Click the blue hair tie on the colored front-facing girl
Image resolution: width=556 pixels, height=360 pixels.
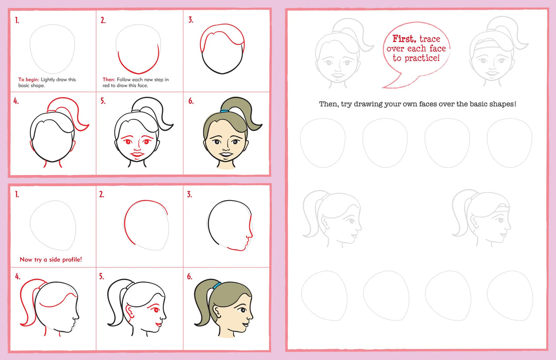(225, 111)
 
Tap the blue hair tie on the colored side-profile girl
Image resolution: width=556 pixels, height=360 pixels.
(217, 284)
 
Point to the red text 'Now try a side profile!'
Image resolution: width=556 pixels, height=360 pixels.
(50, 260)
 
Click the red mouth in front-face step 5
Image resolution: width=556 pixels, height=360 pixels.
(137, 154)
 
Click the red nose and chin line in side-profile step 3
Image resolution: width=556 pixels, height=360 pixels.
(247, 238)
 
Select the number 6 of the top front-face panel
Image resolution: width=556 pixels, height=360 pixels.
(191, 101)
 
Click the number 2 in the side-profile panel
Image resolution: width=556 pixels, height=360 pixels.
(102, 194)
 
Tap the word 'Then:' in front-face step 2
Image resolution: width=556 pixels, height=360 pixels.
(108, 80)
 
